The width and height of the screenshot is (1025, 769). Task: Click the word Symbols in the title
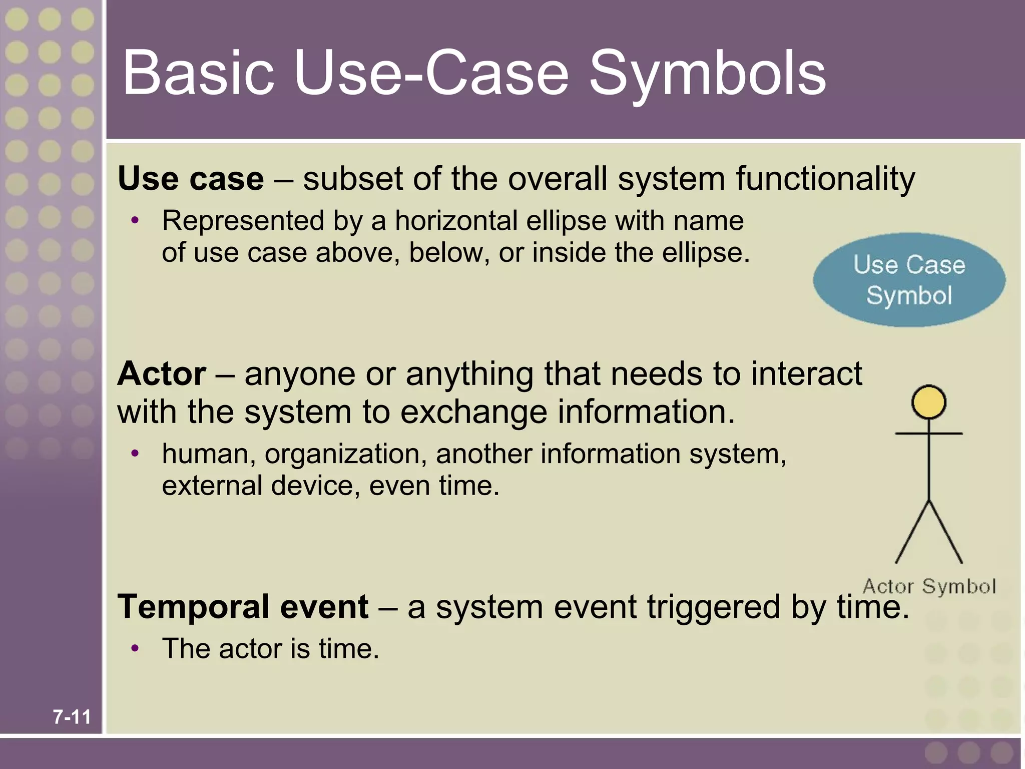[708, 74]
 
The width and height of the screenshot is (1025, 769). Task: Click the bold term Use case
[191, 179]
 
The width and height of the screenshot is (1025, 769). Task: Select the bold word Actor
[162, 373]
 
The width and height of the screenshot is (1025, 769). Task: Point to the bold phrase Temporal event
[243, 607]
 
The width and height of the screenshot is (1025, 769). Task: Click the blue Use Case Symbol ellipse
[909, 280]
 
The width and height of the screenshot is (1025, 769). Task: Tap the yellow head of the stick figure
[928, 402]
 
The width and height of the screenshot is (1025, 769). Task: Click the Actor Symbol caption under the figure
[929, 586]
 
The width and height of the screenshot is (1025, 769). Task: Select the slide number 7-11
[72, 717]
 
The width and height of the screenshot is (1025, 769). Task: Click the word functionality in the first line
[825, 179]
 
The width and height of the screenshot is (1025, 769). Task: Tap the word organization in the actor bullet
[346, 454]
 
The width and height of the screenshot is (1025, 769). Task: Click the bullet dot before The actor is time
[134, 648]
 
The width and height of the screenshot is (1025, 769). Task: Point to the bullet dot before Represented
[134, 220]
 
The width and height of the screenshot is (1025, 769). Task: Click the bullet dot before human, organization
[134, 454]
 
